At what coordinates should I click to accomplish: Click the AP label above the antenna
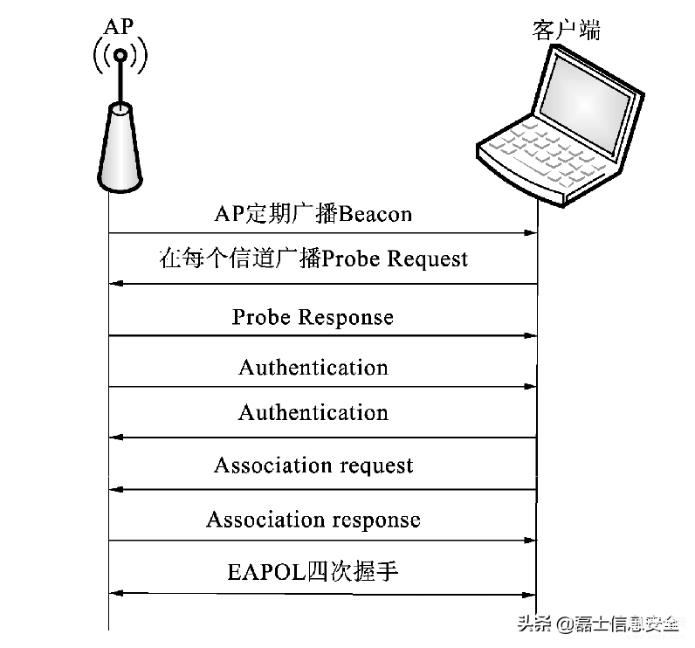pos(119,26)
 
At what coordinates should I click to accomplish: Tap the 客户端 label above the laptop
pos(567,31)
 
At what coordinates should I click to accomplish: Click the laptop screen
pos(585,104)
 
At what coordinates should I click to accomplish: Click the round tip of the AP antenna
pos(120,55)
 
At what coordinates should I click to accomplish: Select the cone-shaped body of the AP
pos(120,148)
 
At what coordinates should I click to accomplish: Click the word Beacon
pos(375,214)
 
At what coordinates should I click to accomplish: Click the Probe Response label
pos(313,317)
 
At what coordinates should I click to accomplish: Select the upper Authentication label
pos(313,368)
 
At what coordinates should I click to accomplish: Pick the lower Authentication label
pos(313,413)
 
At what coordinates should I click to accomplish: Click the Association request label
pos(313,465)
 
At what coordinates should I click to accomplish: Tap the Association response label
pos(313,520)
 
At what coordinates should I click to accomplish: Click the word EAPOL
pos(266,572)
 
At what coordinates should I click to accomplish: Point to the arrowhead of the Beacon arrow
pos(531,232)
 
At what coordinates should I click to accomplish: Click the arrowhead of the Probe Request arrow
pos(115,284)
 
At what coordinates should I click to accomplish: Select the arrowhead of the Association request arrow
pos(115,489)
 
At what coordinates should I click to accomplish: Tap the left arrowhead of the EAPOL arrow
pos(115,593)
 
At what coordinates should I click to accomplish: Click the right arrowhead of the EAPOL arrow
pos(530,595)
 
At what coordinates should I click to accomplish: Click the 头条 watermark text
pos(534,624)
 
